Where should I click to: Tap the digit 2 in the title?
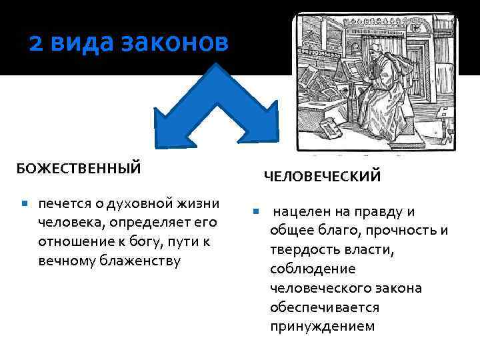(x=37, y=43)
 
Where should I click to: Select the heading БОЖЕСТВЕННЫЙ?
(x=79, y=167)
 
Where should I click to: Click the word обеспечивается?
(x=325, y=307)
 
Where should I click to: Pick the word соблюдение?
(x=303, y=269)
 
